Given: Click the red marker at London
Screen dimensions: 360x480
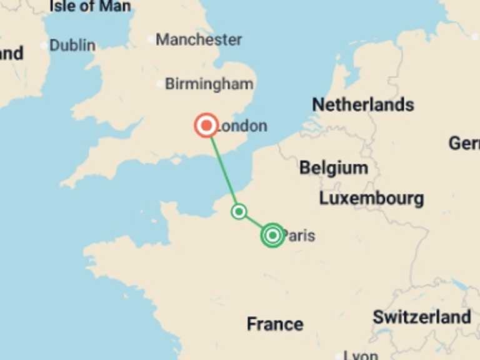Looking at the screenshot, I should pyautogui.click(x=206, y=126).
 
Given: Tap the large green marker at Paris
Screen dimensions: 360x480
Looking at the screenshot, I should pyautogui.click(x=272, y=235).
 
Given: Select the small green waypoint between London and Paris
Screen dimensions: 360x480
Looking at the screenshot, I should pyautogui.click(x=239, y=211).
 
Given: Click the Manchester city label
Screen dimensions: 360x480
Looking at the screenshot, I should pyautogui.click(x=199, y=39).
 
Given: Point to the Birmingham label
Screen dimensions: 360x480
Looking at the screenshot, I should pyautogui.click(x=209, y=84).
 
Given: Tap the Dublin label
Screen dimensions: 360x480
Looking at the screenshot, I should pyautogui.click(x=72, y=45).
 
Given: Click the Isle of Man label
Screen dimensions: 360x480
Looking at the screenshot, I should pyautogui.click(x=90, y=7).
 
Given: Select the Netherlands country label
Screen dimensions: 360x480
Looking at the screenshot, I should pyautogui.click(x=363, y=104).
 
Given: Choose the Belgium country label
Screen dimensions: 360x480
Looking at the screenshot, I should pyautogui.click(x=333, y=167).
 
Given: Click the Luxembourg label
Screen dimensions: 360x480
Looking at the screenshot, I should pyautogui.click(x=371, y=199).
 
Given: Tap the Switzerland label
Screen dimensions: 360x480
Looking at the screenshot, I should pyautogui.click(x=422, y=317).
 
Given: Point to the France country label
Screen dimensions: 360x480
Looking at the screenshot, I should pyautogui.click(x=275, y=324).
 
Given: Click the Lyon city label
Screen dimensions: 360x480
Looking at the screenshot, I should pyautogui.click(x=361, y=355).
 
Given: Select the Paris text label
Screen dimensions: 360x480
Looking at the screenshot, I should pyautogui.click(x=299, y=236).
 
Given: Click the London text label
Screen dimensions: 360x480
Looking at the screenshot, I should pyautogui.click(x=241, y=126).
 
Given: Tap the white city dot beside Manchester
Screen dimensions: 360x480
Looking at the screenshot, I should pyautogui.click(x=150, y=39).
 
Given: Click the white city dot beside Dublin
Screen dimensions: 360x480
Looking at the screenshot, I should pyautogui.click(x=44, y=45).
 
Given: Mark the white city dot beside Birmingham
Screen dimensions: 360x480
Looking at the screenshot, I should pyautogui.click(x=159, y=84).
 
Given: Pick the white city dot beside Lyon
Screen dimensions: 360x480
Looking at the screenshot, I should pyautogui.click(x=338, y=354).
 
